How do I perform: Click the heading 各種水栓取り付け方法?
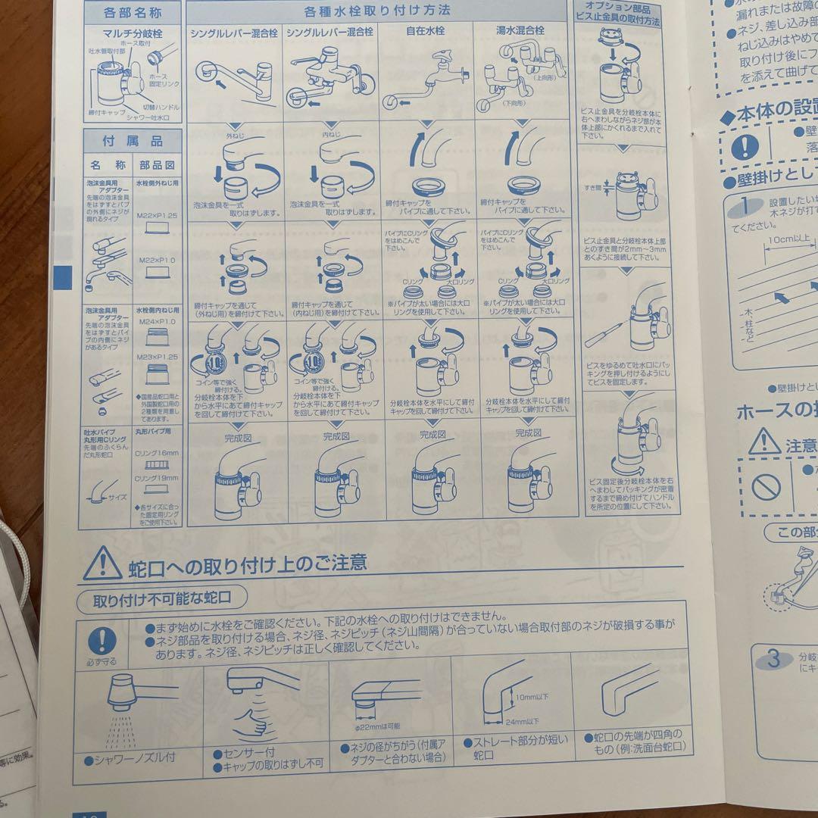point(376,11)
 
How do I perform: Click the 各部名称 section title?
point(133,12)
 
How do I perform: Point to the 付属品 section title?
point(133,141)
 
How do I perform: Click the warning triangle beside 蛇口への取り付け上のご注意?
point(102,564)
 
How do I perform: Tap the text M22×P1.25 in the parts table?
point(157,216)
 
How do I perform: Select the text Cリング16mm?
point(157,453)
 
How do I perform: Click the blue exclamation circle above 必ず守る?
point(104,642)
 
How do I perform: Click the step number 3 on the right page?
point(773,658)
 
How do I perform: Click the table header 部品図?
point(157,164)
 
